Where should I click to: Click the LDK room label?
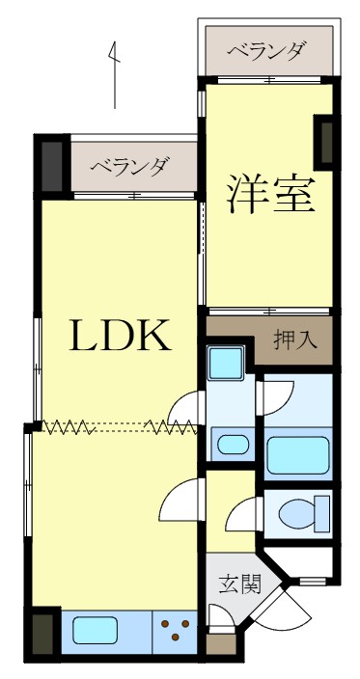pyautogui.click(x=120, y=335)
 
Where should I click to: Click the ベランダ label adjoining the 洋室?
pyautogui.click(x=267, y=51)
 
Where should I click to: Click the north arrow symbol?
pyautogui.click(x=116, y=73)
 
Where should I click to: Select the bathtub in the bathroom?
pyautogui.click(x=298, y=453)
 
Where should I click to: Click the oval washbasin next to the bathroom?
pyautogui.click(x=232, y=444)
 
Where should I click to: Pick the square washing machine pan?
pyautogui.click(x=229, y=365)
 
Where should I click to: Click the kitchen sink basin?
pyautogui.click(x=95, y=632)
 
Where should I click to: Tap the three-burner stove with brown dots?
pyautogui.click(x=177, y=631)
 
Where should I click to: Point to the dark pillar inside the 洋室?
pyautogui.click(x=326, y=140)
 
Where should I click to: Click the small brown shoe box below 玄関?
pyautogui.click(x=221, y=644)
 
